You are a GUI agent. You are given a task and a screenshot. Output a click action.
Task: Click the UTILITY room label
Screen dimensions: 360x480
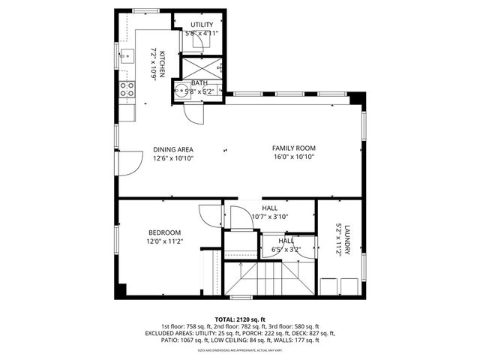coord(201,25)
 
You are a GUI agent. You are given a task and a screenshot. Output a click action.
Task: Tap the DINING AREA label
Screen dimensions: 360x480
coord(173,149)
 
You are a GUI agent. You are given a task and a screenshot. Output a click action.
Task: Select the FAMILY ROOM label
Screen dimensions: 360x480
coord(293,148)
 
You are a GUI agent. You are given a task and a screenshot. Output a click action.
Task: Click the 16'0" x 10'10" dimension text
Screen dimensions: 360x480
coord(293,158)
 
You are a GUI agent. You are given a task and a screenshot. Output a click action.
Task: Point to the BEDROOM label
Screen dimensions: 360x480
coord(163,232)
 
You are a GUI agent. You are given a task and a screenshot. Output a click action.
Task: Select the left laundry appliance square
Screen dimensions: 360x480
coord(328,287)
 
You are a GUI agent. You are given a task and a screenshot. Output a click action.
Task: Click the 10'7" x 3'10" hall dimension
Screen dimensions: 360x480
coord(269,217)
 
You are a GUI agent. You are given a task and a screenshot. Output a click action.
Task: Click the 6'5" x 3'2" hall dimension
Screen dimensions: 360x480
coord(286,249)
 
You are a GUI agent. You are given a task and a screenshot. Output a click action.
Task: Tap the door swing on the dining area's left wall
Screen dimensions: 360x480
coord(131,160)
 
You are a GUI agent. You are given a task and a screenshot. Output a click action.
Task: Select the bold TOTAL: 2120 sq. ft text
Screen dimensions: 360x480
coord(240,318)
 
